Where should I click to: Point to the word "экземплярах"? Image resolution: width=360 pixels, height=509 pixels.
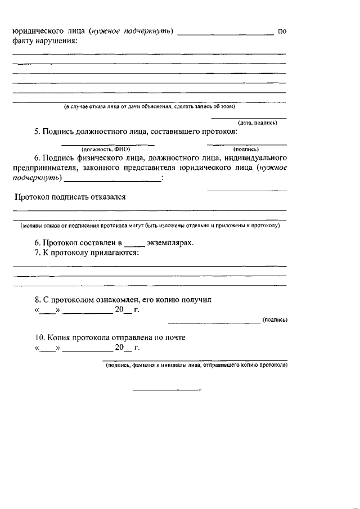pyautogui.click(x=170, y=243)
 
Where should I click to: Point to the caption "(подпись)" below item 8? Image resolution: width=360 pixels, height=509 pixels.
pyautogui.click(x=275, y=320)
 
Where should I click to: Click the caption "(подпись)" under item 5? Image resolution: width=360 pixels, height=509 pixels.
pyautogui.click(x=245, y=149)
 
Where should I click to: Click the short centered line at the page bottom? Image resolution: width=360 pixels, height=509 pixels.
pyautogui.click(x=166, y=389)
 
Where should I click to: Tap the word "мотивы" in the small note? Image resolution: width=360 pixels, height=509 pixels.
pyautogui.click(x=33, y=226)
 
